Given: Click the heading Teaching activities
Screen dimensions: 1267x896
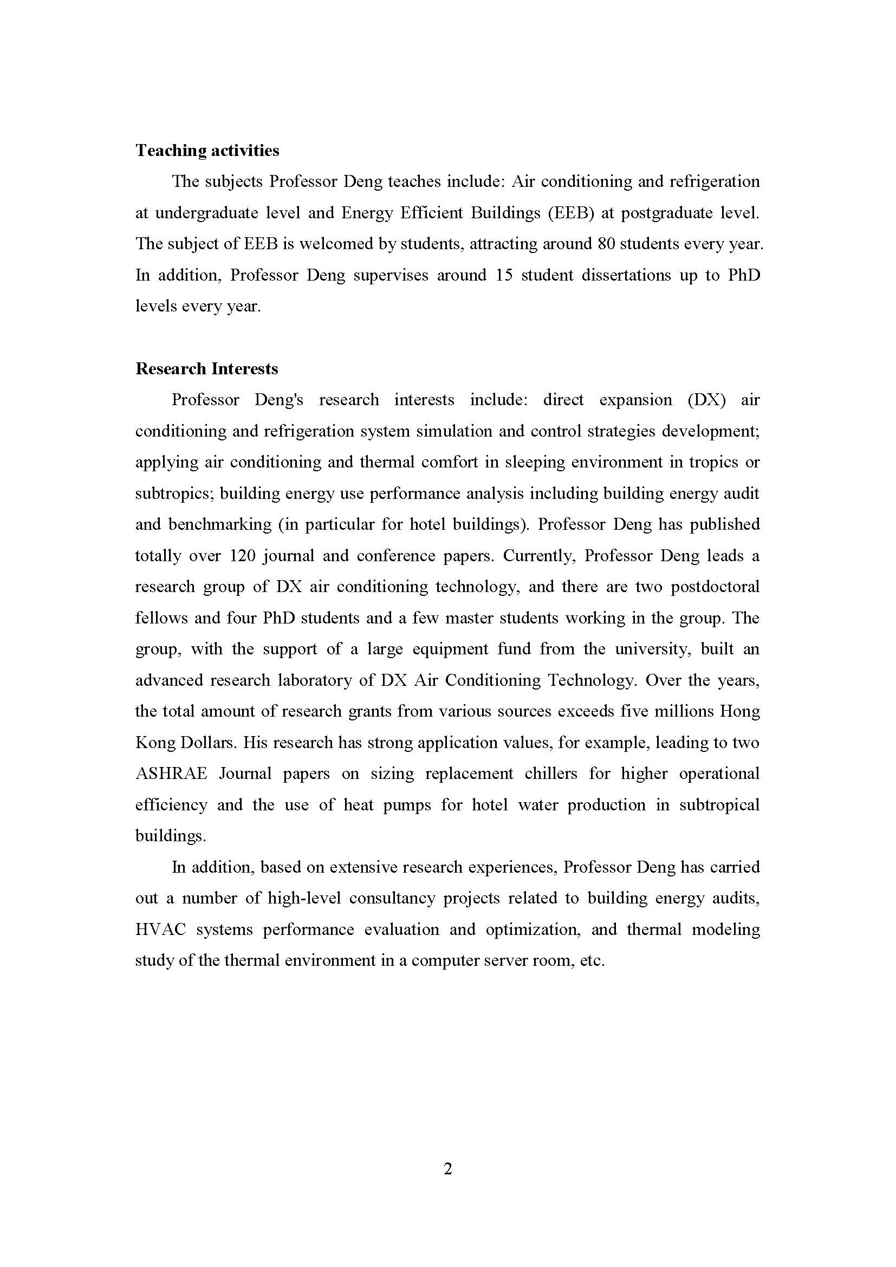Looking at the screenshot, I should click(207, 151).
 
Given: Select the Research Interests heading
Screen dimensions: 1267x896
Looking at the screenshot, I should click(207, 369).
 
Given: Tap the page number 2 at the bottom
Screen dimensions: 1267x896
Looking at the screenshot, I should click(448, 1169).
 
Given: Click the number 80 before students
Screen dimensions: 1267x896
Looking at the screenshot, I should click(606, 244).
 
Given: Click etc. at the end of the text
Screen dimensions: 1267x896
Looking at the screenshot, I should click(593, 961).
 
